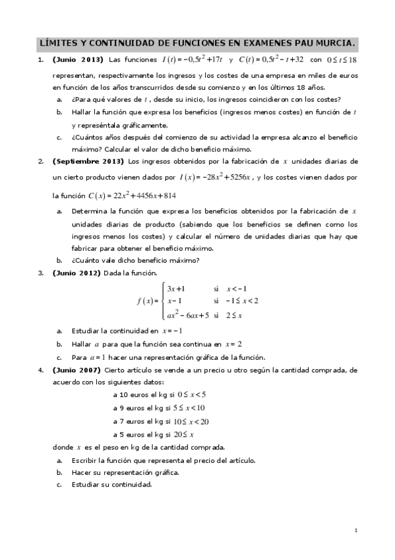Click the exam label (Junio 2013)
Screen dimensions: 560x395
[x=78, y=61]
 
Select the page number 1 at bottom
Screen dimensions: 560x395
[x=355, y=530]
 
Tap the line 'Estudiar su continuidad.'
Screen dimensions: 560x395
[x=112, y=484]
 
